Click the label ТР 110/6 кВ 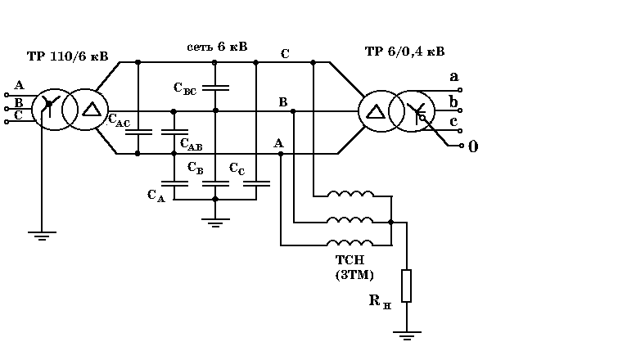(67, 57)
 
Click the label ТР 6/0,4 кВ (404, 52)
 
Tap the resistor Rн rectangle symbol (405, 286)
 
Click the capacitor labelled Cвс (214, 87)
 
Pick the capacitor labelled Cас (138, 131)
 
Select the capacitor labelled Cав (174, 131)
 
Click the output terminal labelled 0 (459, 147)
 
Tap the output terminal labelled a (460, 89)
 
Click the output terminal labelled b (460, 110)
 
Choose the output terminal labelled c (460, 131)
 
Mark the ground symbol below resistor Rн (406, 334)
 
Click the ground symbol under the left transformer (42, 235)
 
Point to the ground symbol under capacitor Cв (214, 220)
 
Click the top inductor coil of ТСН (351, 195)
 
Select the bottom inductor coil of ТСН (351, 242)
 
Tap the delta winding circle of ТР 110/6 (85, 110)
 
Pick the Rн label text (377, 302)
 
